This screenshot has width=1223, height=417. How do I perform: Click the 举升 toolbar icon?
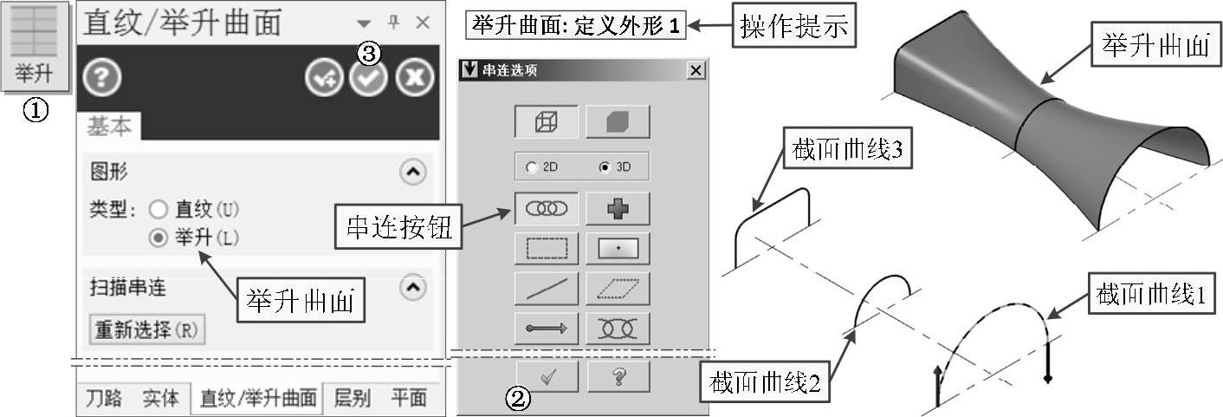point(36,46)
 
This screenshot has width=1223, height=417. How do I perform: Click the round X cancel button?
point(415,77)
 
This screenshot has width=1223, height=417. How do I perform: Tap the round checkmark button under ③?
point(369,78)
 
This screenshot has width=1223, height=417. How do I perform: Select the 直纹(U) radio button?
point(158,209)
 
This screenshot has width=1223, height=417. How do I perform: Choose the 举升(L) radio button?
point(158,238)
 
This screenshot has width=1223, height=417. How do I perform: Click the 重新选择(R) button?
point(147,329)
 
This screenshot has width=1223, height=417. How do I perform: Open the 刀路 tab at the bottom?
point(104,398)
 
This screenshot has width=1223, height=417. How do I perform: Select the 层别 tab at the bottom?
point(353,398)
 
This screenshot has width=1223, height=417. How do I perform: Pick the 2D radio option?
point(532,167)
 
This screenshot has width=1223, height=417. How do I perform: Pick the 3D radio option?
point(605,167)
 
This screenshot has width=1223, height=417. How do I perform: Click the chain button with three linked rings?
point(547,208)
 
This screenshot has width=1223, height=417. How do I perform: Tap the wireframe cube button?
point(547,122)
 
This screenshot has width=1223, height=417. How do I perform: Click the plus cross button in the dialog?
point(618,208)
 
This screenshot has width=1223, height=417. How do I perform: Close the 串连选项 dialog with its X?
point(696,70)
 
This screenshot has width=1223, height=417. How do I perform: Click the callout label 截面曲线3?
point(847,148)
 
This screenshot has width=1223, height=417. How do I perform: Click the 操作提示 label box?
point(794,26)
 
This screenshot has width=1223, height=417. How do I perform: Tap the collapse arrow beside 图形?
point(413,173)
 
